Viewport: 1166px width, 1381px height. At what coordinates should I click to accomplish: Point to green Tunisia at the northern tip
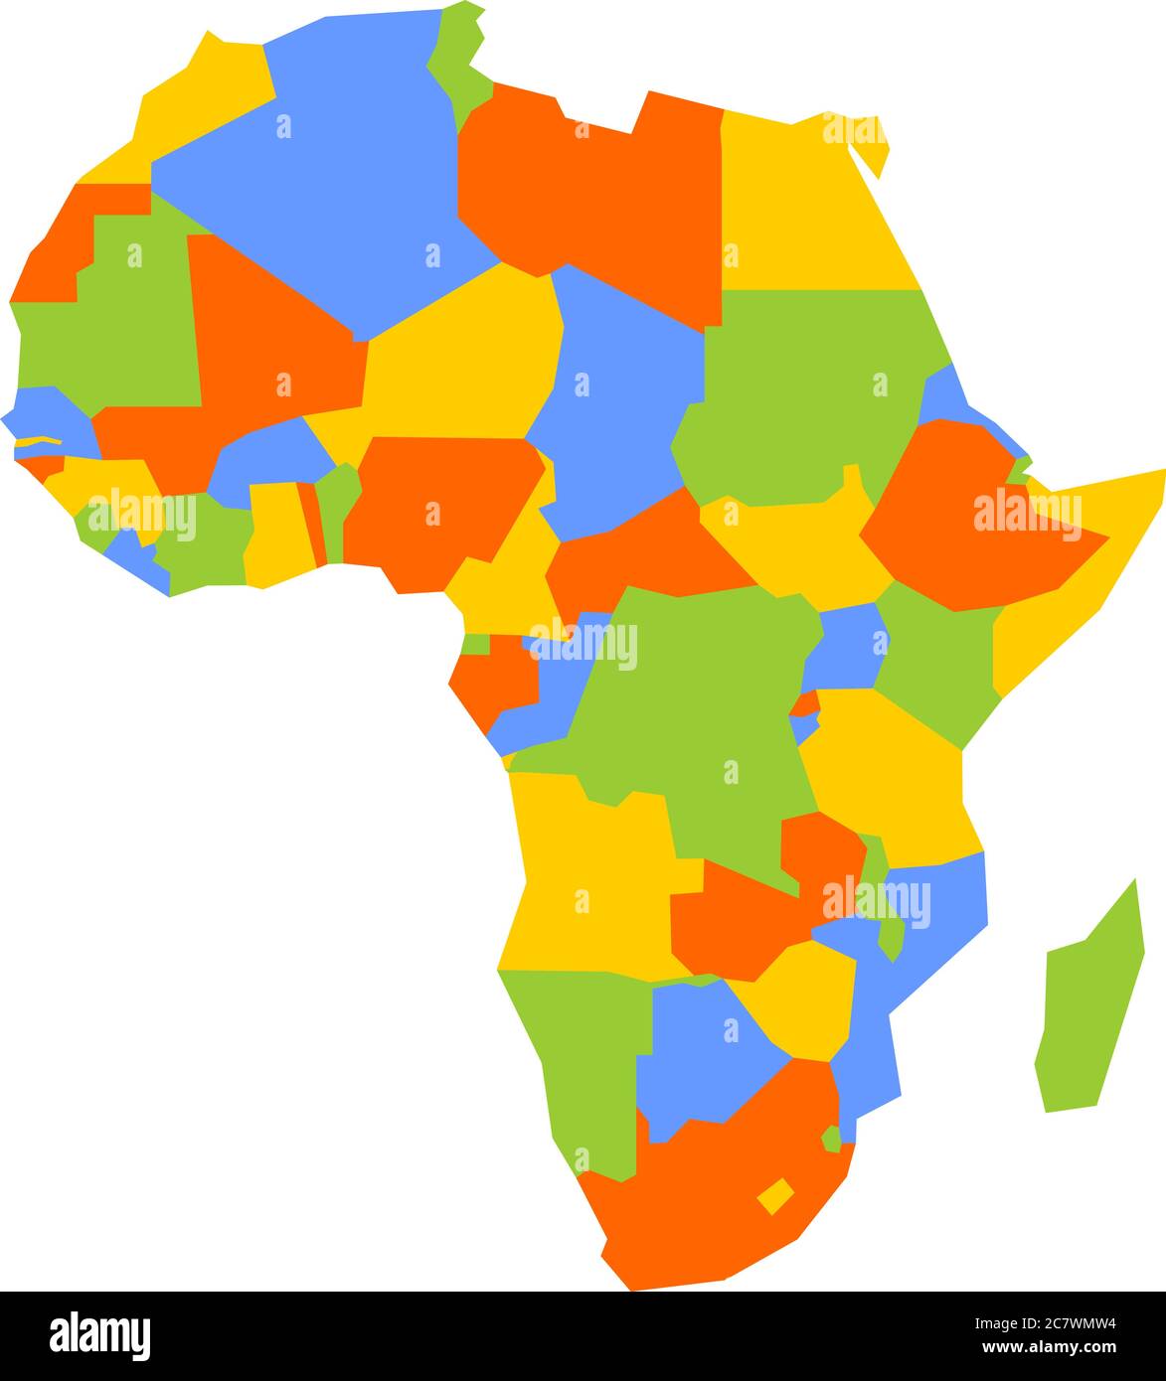tap(459, 60)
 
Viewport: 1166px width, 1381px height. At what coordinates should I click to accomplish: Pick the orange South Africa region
tap(696, 1192)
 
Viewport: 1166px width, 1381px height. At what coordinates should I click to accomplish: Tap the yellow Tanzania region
tap(885, 775)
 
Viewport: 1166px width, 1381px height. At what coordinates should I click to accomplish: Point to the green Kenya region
tap(934, 656)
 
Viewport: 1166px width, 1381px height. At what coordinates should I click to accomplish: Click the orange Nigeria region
tap(437, 507)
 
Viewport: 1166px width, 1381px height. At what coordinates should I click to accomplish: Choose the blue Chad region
tap(616, 397)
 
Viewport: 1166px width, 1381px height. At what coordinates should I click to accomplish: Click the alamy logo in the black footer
tap(99, 1334)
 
